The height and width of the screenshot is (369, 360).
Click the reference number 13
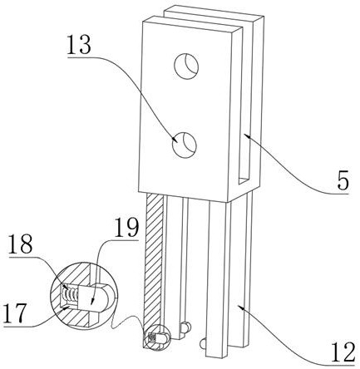pyautogui.click(x=79, y=46)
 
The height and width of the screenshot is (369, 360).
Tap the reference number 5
pyautogui.click(x=343, y=181)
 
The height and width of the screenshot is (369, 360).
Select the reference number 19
pyautogui.click(x=126, y=227)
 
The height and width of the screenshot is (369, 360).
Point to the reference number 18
pyautogui.click(x=20, y=244)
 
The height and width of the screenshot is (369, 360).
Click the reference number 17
pyautogui.click(x=16, y=312)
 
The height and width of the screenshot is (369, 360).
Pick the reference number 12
pyautogui.click(x=343, y=352)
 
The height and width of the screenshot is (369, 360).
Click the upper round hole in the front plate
pyautogui.click(x=186, y=66)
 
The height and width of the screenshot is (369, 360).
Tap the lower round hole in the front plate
pyautogui.click(x=185, y=145)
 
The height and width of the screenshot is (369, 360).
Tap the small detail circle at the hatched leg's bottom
pyautogui.click(x=157, y=337)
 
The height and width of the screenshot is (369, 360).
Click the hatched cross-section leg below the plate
pyautogui.click(x=154, y=268)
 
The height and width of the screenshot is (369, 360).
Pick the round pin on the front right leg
pyautogui.click(x=203, y=344)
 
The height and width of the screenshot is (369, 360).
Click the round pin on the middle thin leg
pyautogui.click(x=186, y=327)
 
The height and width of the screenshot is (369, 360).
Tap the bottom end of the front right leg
pyautogui.click(x=215, y=356)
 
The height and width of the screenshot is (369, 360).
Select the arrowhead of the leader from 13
pyautogui.click(x=175, y=139)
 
